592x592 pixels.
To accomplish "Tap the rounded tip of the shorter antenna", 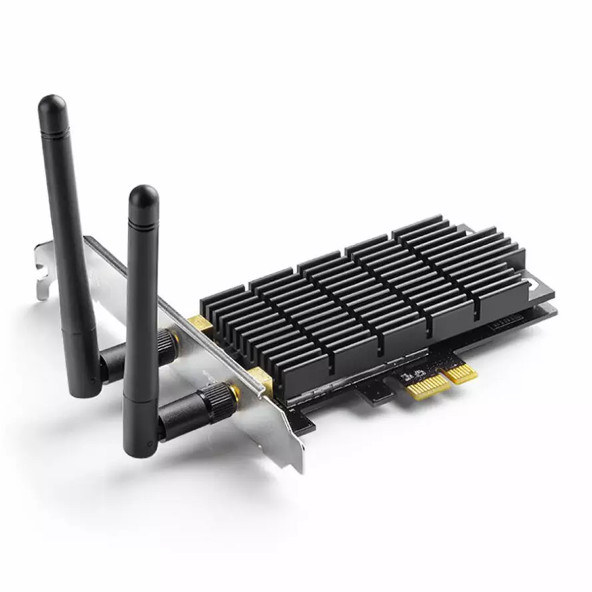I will point(143,196).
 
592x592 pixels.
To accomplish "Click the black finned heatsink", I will point(375,291).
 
